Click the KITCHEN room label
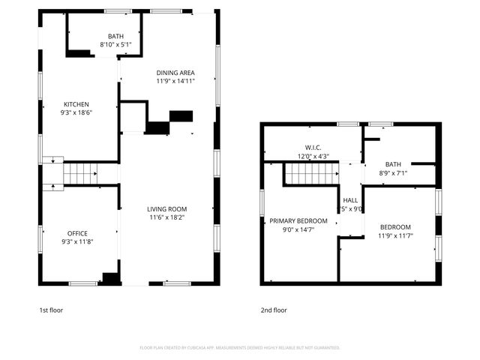(76, 104)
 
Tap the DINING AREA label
(175, 73)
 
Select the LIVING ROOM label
(166, 209)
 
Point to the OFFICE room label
(78, 233)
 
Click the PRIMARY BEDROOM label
(299, 220)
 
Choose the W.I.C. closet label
(313, 148)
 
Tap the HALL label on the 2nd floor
(350, 200)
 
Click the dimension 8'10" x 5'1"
(115, 44)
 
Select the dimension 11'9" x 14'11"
(175, 81)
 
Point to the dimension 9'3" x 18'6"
(76, 112)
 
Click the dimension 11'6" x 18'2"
(166, 217)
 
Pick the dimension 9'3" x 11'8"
(78, 241)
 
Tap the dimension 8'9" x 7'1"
(394, 173)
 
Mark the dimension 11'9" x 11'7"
(397, 235)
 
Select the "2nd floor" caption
(274, 310)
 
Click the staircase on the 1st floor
(78, 174)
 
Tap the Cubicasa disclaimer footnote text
(240, 347)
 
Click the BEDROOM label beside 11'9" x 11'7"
(395, 227)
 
